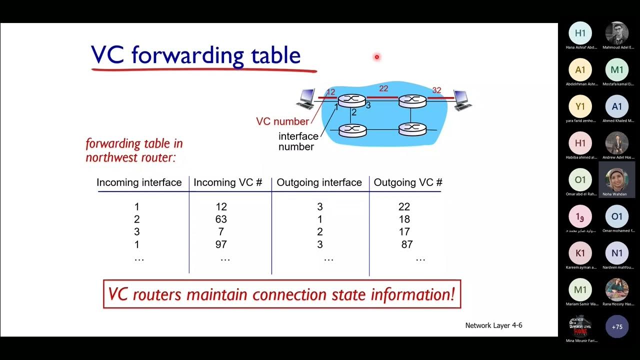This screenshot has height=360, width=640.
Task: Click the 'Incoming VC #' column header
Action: (227, 182)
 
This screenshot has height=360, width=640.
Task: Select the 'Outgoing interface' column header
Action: (319, 182)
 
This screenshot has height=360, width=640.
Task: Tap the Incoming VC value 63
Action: (220, 219)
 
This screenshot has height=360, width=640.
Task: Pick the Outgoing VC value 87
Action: (406, 244)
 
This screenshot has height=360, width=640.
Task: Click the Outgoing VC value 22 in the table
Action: (404, 206)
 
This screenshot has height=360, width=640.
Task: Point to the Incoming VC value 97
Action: (220, 244)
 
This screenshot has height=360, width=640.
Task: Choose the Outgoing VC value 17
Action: (404, 232)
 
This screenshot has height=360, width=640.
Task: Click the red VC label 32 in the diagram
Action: (436, 90)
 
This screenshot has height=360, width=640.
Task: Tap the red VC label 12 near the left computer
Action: (330, 92)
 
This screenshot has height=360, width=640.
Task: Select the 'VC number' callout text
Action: (282, 121)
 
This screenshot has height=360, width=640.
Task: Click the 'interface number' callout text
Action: (298, 141)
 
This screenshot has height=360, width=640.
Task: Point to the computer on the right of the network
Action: (461, 100)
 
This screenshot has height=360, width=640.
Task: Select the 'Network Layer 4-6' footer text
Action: (493, 325)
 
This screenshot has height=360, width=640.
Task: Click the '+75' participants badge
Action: (617, 326)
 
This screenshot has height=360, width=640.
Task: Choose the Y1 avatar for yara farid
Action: (580, 106)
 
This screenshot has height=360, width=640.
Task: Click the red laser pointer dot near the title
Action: (376, 57)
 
